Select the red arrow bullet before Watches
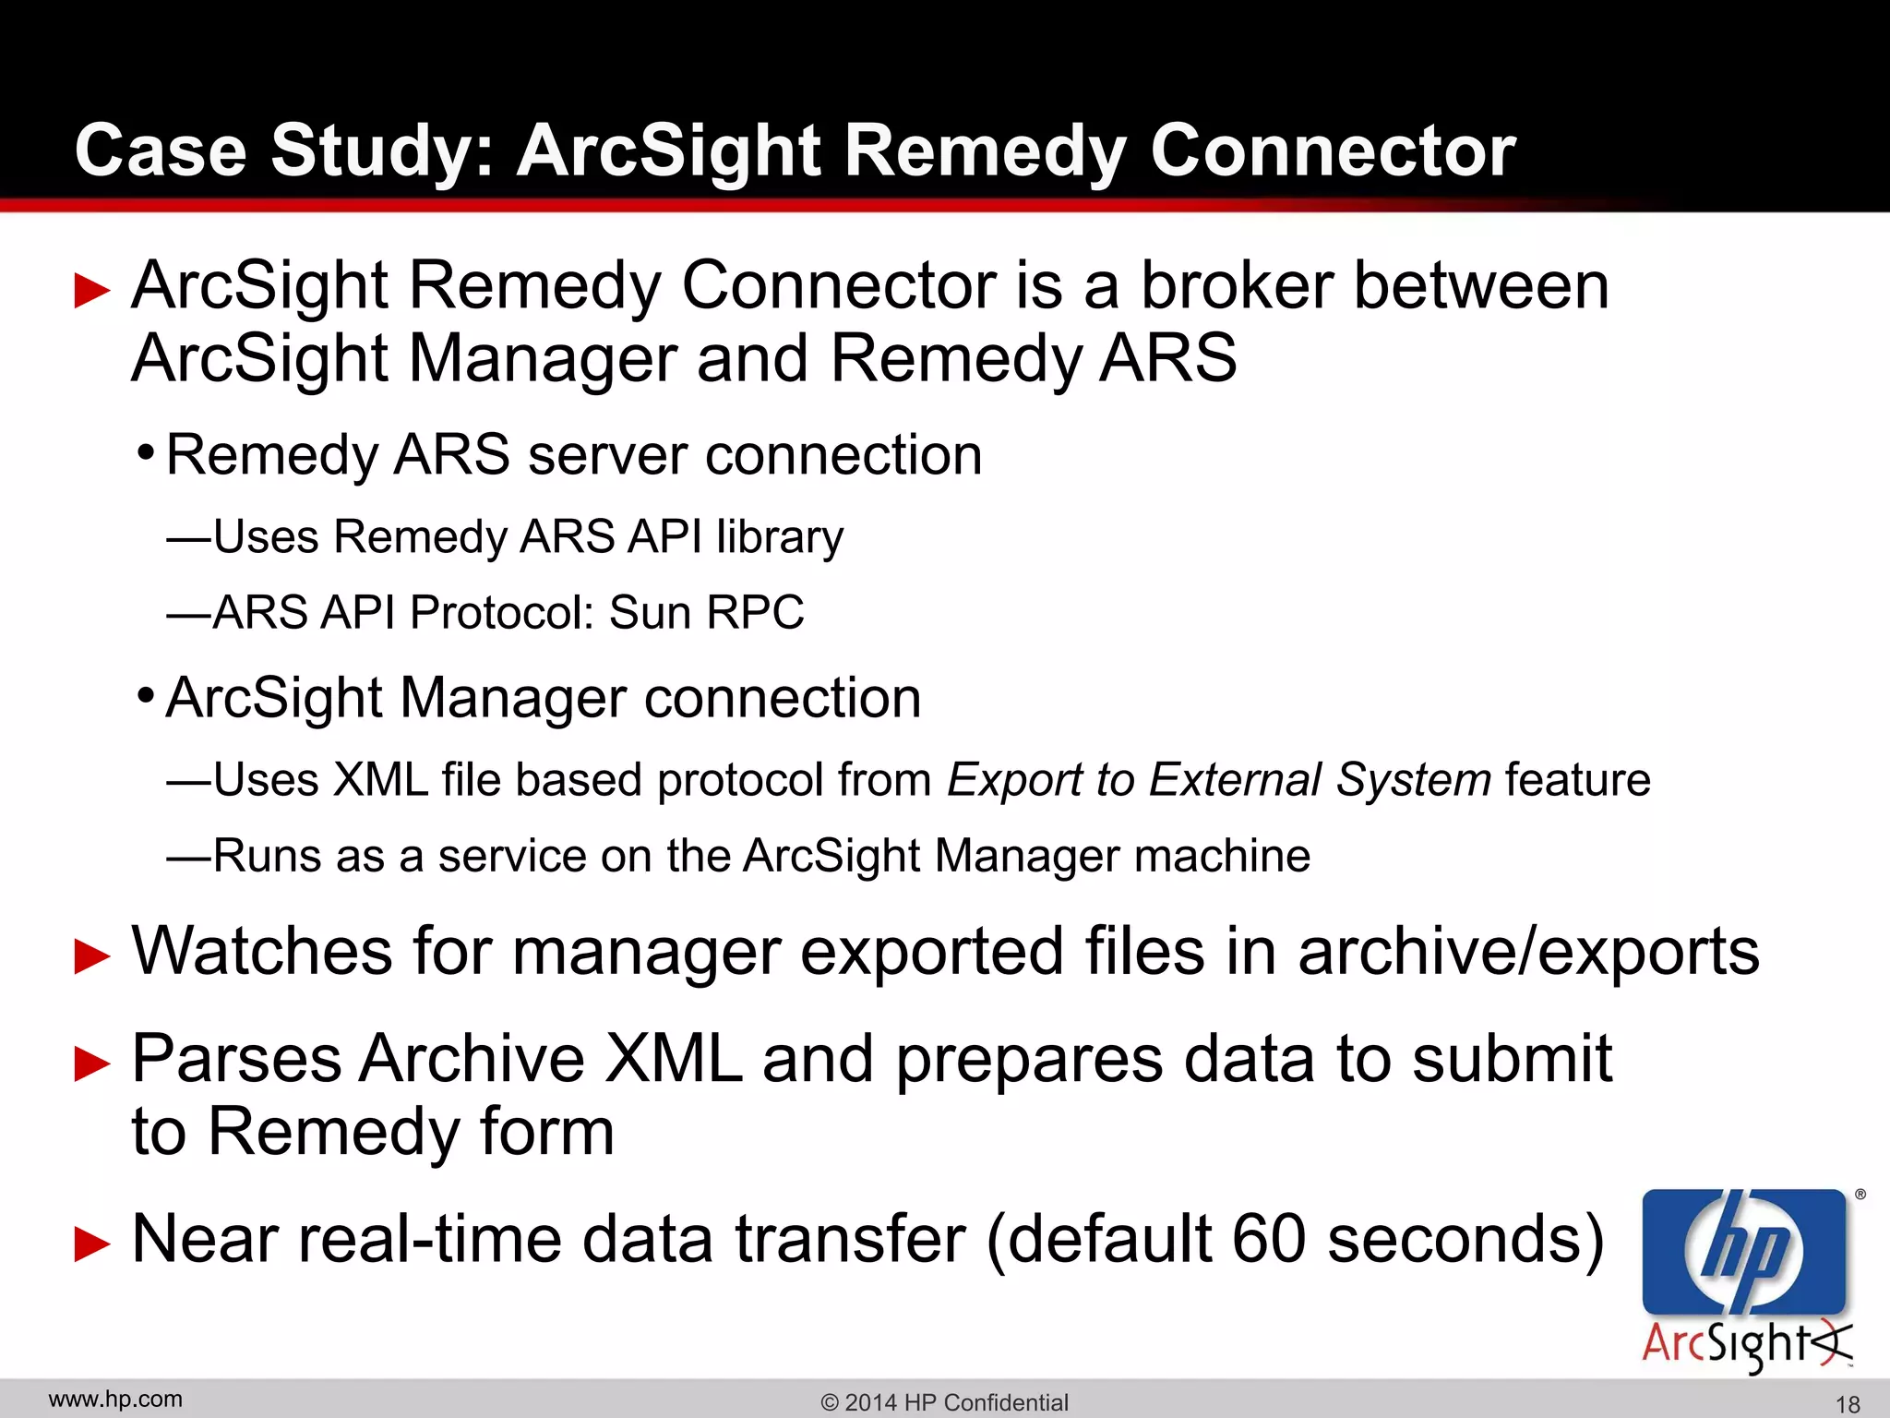(x=92, y=955)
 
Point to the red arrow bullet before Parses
(x=92, y=1063)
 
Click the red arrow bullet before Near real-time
(x=92, y=1243)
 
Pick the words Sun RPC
(x=706, y=612)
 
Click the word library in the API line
(x=780, y=537)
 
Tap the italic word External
(x=1236, y=780)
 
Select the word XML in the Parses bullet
(x=673, y=1059)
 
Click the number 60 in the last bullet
(x=1269, y=1239)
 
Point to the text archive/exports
(x=1528, y=952)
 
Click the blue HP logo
(x=1744, y=1252)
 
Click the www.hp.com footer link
(x=115, y=1400)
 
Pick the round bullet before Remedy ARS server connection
(x=145, y=453)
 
